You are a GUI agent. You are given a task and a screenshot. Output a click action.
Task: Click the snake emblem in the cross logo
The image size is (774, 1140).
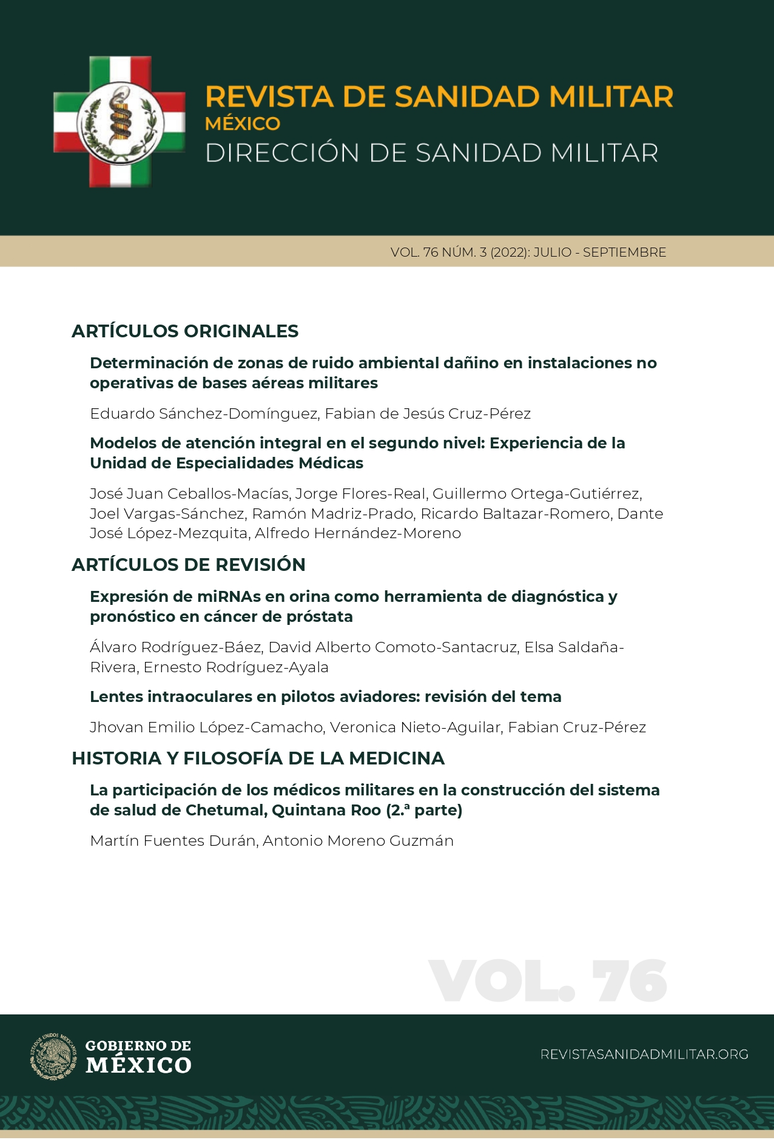coord(120,119)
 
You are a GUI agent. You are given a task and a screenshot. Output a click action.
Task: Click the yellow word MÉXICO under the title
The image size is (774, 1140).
coord(243,124)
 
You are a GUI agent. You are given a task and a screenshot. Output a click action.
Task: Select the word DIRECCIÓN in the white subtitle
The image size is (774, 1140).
coord(282,153)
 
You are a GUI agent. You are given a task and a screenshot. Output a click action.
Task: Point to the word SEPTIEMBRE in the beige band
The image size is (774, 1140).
coord(624,252)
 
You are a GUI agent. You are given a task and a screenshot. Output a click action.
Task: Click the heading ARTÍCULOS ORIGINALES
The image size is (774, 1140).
coord(185,331)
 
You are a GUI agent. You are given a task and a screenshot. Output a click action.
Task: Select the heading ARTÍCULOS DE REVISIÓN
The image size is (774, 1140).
coord(189,565)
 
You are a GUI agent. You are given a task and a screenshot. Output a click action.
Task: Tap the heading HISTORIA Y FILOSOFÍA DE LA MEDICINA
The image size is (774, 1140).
coord(258,758)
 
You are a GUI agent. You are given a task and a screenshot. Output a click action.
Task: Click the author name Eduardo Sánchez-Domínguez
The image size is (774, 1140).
coord(204,414)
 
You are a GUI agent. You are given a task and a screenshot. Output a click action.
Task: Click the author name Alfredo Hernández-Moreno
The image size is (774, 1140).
coord(358,533)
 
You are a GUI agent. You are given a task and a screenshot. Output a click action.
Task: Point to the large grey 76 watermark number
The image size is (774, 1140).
coord(629,981)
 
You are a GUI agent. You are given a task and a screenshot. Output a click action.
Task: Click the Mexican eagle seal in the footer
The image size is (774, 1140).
coord(54,1056)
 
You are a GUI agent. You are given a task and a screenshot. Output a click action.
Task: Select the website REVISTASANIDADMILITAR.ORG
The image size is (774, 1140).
coord(644,1054)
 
